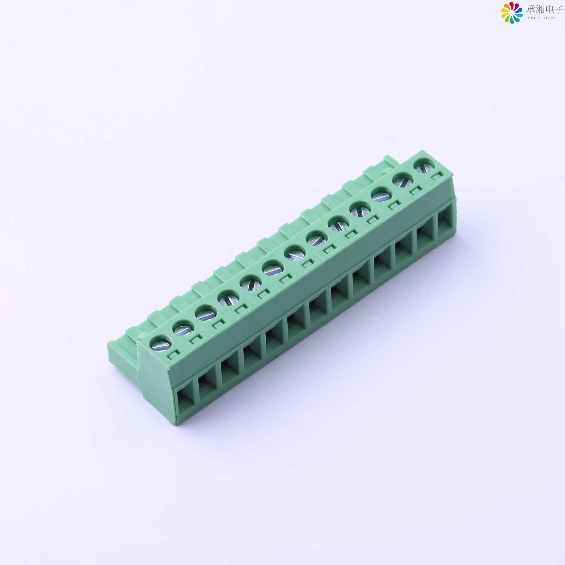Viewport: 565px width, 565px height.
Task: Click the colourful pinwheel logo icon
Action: (x=512, y=12)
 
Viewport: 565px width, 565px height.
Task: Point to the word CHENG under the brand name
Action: (x=534, y=18)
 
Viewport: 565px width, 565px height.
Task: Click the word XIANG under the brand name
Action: (x=549, y=18)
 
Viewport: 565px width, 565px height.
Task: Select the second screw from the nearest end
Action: (x=183, y=329)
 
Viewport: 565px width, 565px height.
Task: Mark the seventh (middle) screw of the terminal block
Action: (x=295, y=254)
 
